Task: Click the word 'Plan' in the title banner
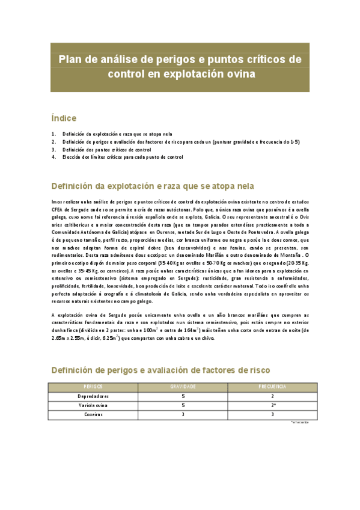(70, 60)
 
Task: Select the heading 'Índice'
(63, 118)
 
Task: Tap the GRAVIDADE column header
(183, 387)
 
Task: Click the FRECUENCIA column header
(272, 387)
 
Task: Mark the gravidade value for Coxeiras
(183, 414)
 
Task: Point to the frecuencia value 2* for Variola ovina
(272, 405)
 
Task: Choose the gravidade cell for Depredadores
(183, 396)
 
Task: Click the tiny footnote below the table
(299, 422)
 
